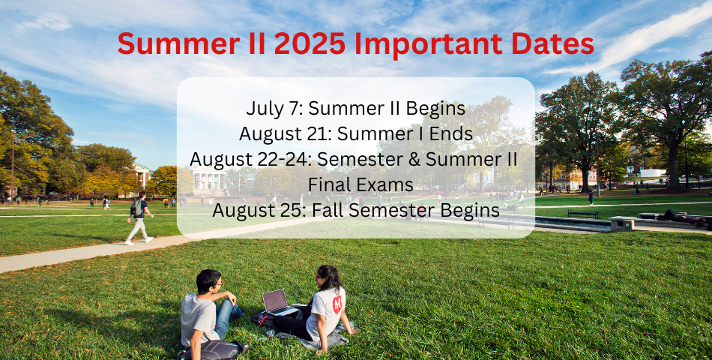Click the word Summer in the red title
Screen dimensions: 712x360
click(179, 43)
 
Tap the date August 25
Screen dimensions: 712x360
click(258, 210)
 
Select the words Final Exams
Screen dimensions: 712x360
click(360, 184)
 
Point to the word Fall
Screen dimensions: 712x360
click(327, 210)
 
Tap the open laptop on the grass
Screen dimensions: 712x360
click(278, 302)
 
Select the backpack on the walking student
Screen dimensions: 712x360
click(136, 208)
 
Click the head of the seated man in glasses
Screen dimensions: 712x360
click(209, 281)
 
